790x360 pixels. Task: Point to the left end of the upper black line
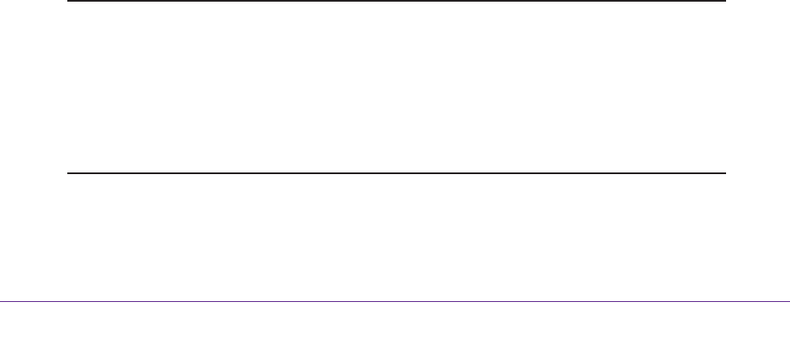pos(68,1)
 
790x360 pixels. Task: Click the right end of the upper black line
pos(724,1)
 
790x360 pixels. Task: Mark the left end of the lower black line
pos(68,173)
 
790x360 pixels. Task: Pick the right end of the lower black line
pos(724,173)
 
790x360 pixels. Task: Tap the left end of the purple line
pos(1,300)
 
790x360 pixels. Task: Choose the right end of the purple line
pos(788,300)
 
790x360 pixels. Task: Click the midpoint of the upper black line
pos(395,1)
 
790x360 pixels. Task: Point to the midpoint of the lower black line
pos(395,173)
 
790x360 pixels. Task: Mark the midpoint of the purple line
pos(395,300)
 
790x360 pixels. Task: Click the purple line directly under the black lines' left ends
pos(68,300)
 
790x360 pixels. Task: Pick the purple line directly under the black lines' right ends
pos(724,300)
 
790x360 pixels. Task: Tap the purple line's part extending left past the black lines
pos(34,300)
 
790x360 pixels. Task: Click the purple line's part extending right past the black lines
pos(757,300)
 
